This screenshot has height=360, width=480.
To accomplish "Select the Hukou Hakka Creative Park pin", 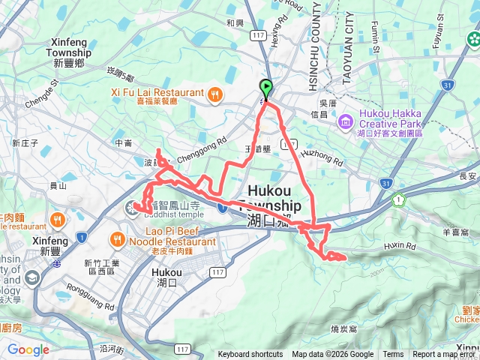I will click(x=346, y=120).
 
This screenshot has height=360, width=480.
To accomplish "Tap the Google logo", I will click(x=28, y=349).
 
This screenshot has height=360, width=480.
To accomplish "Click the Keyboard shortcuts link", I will click(x=250, y=355).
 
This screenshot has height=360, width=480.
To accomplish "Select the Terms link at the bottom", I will click(x=393, y=355).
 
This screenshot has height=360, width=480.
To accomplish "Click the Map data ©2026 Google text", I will click(x=333, y=355).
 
